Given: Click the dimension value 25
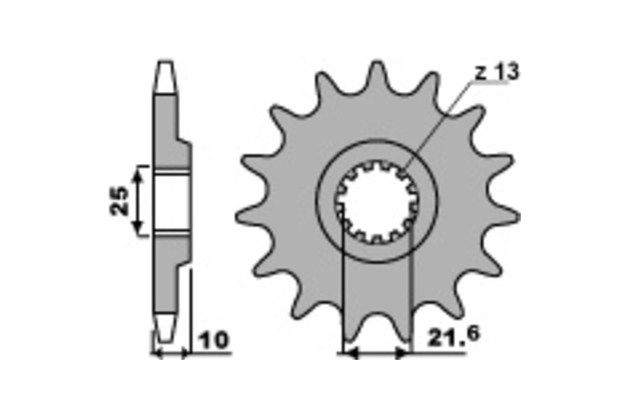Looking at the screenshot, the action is click(119, 201).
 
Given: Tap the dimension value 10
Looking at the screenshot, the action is click(214, 340).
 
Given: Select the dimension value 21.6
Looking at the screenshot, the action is click(454, 336).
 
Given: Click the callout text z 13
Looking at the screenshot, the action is click(497, 72).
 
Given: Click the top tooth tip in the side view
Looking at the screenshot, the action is click(165, 77).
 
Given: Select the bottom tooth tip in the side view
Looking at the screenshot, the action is click(166, 327).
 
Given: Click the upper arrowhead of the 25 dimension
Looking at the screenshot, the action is click(137, 176).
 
